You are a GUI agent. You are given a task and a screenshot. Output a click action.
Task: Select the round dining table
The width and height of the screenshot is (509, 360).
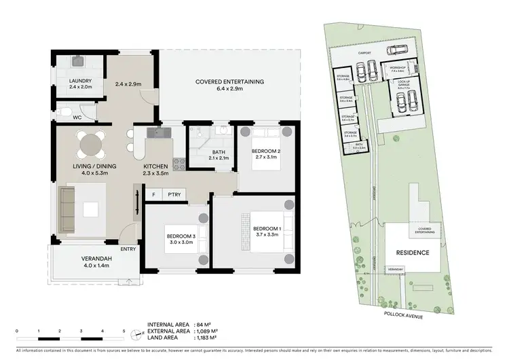90,144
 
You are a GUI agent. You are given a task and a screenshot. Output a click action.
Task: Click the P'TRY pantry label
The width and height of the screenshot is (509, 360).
174,194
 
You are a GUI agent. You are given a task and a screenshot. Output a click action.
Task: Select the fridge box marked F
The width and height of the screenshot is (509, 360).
153,194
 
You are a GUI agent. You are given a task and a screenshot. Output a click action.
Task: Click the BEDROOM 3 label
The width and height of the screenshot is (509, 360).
181,236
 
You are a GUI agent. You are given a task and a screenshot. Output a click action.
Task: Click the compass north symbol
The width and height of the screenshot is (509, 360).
137,334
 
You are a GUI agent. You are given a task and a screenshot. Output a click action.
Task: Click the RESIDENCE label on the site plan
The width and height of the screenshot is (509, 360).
413,253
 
